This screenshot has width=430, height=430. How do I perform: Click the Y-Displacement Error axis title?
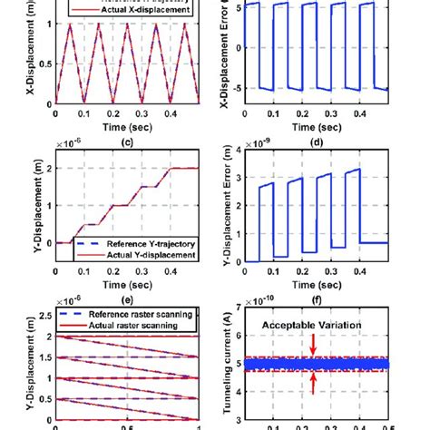(x=216, y=206)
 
